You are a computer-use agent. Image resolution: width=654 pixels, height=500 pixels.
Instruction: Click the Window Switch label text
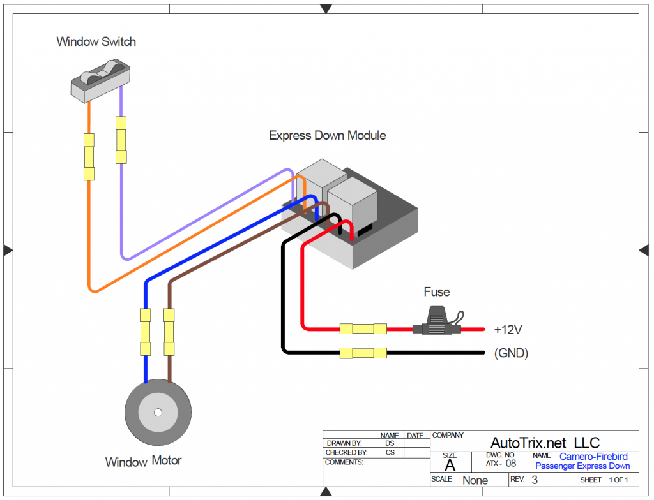click(x=96, y=42)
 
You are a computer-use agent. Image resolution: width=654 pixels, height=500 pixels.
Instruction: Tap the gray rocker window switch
click(x=100, y=80)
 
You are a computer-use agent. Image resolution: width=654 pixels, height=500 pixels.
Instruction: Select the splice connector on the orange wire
click(x=89, y=157)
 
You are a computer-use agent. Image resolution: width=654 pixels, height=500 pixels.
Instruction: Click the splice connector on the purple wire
click(x=121, y=140)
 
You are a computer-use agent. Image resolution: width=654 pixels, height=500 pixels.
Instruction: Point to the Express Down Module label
click(x=327, y=136)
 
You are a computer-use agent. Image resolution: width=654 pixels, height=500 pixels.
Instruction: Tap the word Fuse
click(x=437, y=292)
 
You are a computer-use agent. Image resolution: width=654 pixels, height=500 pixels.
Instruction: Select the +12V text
click(x=508, y=330)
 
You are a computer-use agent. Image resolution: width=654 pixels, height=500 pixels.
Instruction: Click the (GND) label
click(x=511, y=353)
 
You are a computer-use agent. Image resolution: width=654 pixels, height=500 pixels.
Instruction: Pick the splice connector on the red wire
click(x=363, y=329)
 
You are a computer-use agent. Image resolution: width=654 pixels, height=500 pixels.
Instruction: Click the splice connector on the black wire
click(x=363, y=353)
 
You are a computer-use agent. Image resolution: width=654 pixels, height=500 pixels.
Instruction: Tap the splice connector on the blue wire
click(x=146, y=332)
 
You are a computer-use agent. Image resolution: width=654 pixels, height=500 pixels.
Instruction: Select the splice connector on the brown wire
click(x=169, y=332)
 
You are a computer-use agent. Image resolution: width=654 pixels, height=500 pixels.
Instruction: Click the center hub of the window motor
click(x=157, y=412)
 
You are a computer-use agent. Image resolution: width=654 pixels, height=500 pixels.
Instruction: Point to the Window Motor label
click(x=143, y=461)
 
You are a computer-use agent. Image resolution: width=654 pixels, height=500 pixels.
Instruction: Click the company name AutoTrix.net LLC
click(x=544, y=443)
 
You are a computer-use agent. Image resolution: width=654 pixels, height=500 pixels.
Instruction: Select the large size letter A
click(x=450, y=465)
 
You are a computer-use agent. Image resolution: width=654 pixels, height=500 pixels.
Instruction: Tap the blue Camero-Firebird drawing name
click(x=593, y=457)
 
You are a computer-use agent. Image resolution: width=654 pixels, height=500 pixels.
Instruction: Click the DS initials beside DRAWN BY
click(x=390, y=443)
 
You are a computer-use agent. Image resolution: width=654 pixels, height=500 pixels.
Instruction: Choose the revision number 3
click(x=535, y=480)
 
